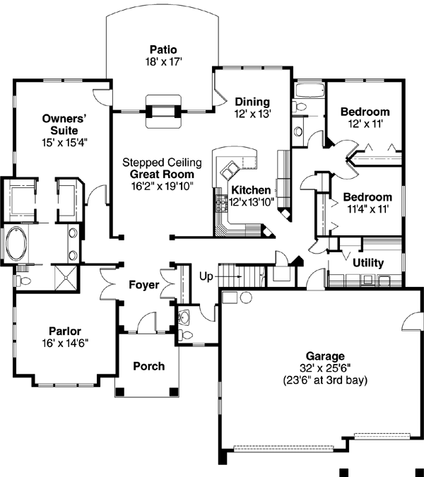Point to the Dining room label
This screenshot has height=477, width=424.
(253, 101)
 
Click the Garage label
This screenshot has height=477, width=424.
(324, 356)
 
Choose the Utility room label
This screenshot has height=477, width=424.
(367, 263)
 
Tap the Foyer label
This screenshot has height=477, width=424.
(143, 285)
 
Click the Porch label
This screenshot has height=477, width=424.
(148, 366)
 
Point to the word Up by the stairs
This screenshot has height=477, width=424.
(206, 275)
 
